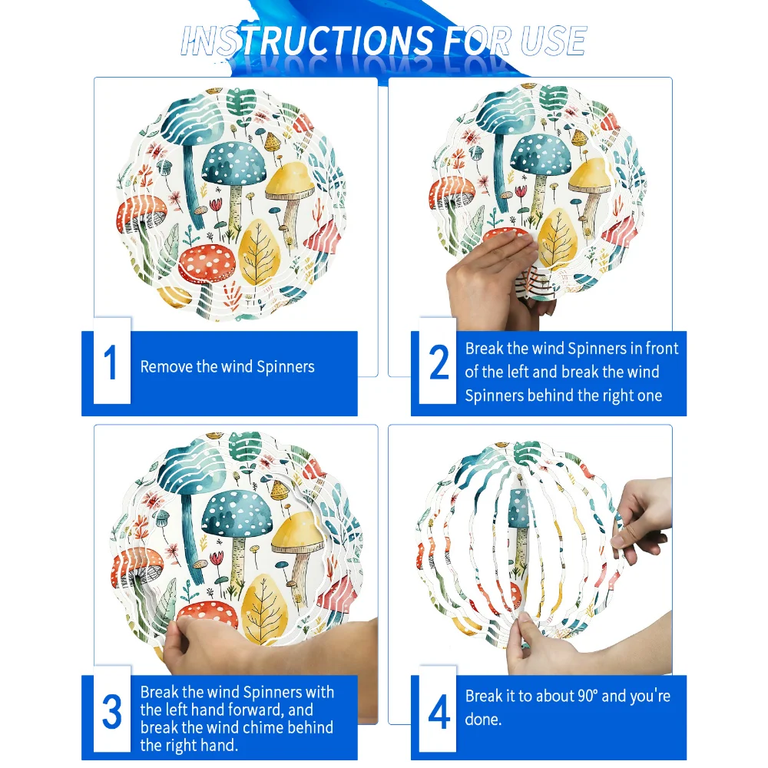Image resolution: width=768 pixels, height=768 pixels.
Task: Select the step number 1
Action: click(111, 362)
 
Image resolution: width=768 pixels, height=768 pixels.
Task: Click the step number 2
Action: click(439, 362)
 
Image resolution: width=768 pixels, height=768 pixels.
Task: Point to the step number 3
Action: click(111, 711)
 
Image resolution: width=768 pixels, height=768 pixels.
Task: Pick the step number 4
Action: click(439, 711)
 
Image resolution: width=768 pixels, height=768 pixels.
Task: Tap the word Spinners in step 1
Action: click(286, 367)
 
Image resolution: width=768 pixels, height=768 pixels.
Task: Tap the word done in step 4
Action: click(482, 719)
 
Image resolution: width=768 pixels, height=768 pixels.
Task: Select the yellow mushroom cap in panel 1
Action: click(290, 180)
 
